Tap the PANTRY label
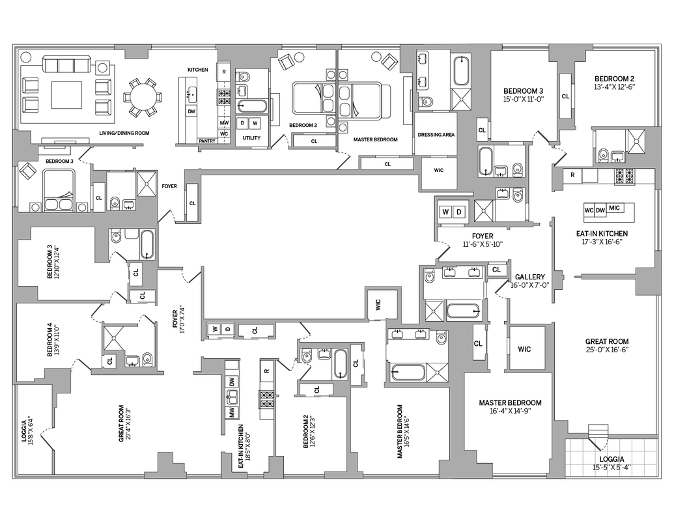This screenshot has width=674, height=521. click(207, 141)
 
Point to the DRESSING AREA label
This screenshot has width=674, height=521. click(436, 135)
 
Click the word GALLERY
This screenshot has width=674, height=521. click(529, 277)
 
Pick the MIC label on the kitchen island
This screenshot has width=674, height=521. click(615, 208)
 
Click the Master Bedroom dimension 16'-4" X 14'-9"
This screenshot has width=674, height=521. click(510, 412)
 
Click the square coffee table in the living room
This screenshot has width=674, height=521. click(66, 95)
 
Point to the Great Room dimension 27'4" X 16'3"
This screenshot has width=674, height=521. click(129, 425)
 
